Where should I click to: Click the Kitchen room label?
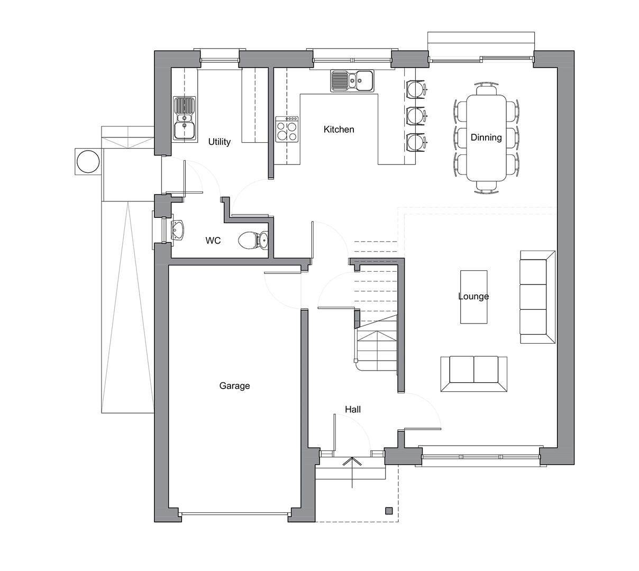339,130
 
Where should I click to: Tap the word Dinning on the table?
486,137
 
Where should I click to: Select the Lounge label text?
473,296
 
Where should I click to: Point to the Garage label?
234,386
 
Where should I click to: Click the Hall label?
353,409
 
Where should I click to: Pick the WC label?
213,241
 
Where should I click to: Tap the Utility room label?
219,142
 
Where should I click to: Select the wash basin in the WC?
178,231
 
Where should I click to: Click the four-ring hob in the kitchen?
287,130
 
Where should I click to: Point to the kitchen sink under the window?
352,81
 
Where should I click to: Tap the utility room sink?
185,118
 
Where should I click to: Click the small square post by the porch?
389,511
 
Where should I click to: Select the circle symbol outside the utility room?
88,161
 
